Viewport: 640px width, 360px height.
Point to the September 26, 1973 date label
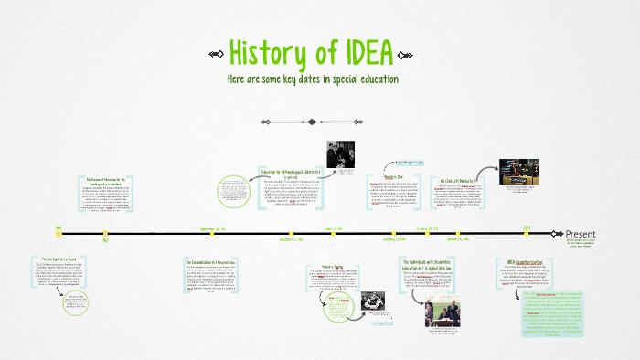[213, 228]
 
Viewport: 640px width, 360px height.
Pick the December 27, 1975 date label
[291, 240]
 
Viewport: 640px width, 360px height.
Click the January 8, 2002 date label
[393, 240]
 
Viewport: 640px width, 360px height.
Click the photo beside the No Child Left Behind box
[517, 174]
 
